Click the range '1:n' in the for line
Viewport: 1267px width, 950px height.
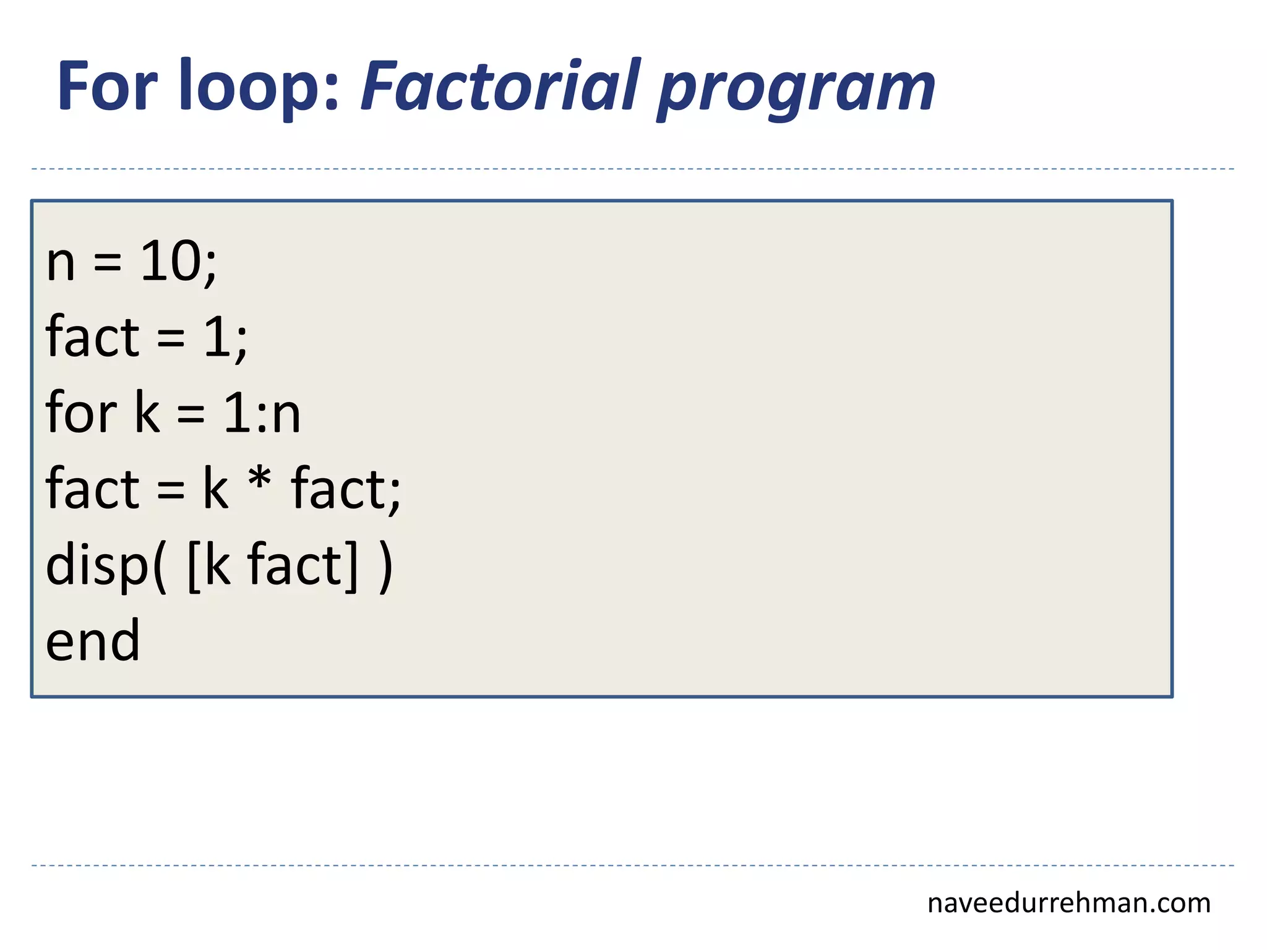pos(262,413)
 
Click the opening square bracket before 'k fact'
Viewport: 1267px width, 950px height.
pos(194,567)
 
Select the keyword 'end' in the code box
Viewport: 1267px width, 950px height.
pos(93,641)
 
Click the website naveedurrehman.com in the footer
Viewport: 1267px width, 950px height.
pos(1068,903)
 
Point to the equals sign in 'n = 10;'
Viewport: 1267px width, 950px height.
pos(108,265)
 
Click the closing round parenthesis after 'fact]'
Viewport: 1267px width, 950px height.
pos(385,567)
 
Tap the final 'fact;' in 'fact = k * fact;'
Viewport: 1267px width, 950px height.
pos(346,489)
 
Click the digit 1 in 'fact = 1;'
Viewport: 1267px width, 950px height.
pos(217,337)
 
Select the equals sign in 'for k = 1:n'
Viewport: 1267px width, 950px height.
pos(191,414)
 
